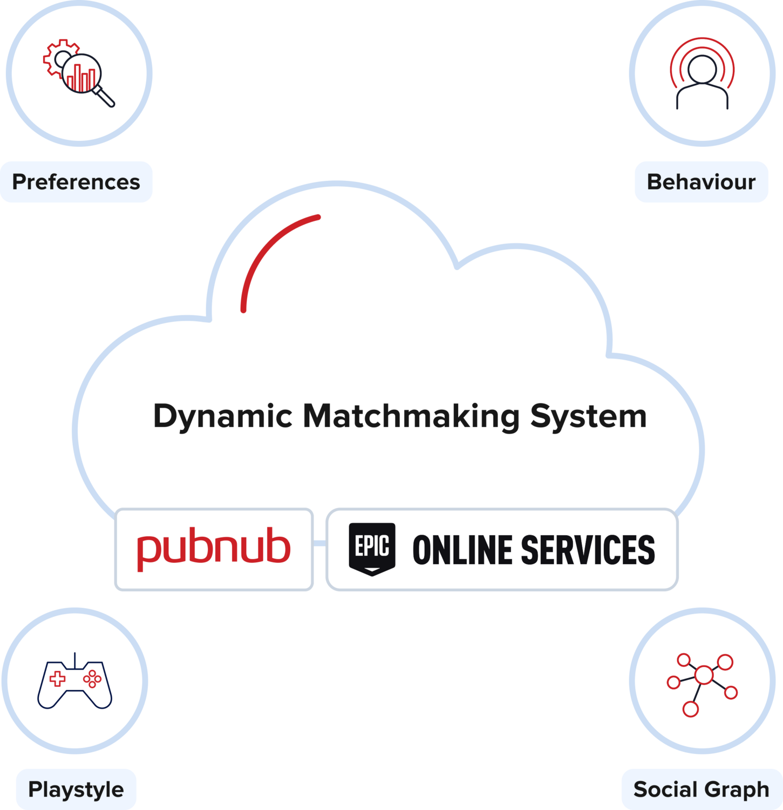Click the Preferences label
76,182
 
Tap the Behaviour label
701,182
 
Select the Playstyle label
76,789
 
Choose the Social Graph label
701,789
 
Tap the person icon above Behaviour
702,81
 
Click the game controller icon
75,683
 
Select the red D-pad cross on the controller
57,678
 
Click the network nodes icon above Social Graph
702,684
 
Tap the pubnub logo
214,549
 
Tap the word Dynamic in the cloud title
222,417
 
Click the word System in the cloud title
588,417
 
